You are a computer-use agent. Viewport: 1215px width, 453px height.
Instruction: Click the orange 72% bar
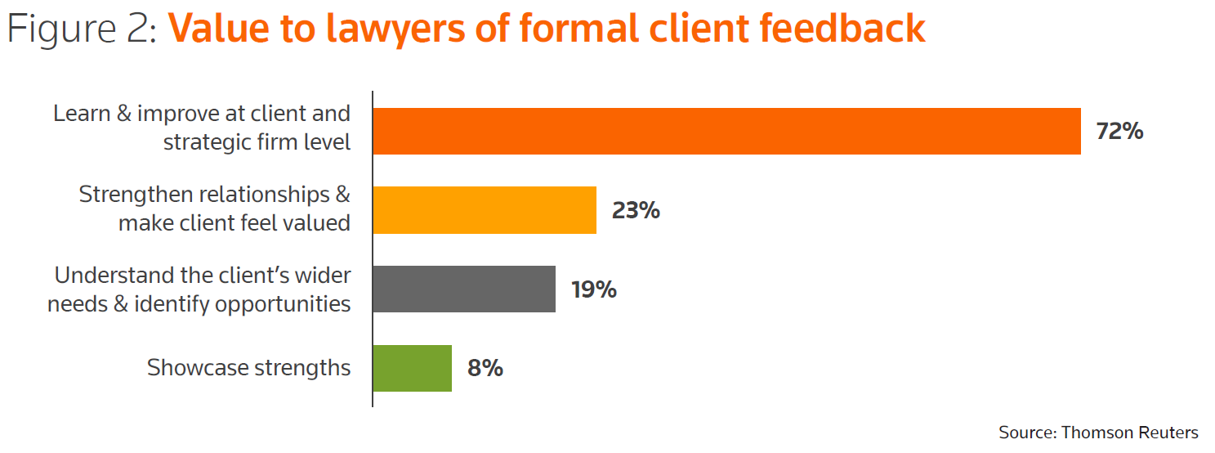point(726,131)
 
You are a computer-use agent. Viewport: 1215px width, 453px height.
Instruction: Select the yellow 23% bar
point(485,210)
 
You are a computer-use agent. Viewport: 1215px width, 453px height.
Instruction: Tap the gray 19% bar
point(464,289)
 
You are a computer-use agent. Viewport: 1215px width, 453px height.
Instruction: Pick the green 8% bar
point(412,368)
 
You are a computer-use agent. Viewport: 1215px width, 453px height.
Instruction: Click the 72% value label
point(1119,132)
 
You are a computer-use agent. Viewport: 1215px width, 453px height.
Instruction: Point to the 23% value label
point(636,211)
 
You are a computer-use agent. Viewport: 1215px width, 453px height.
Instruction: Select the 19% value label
point(594,289)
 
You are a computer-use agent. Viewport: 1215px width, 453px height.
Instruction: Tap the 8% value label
point(485,369)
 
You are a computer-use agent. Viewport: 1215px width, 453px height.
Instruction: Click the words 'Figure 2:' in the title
point(82,29)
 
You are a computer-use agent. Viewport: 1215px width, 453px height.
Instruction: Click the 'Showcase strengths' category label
point(248,368)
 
